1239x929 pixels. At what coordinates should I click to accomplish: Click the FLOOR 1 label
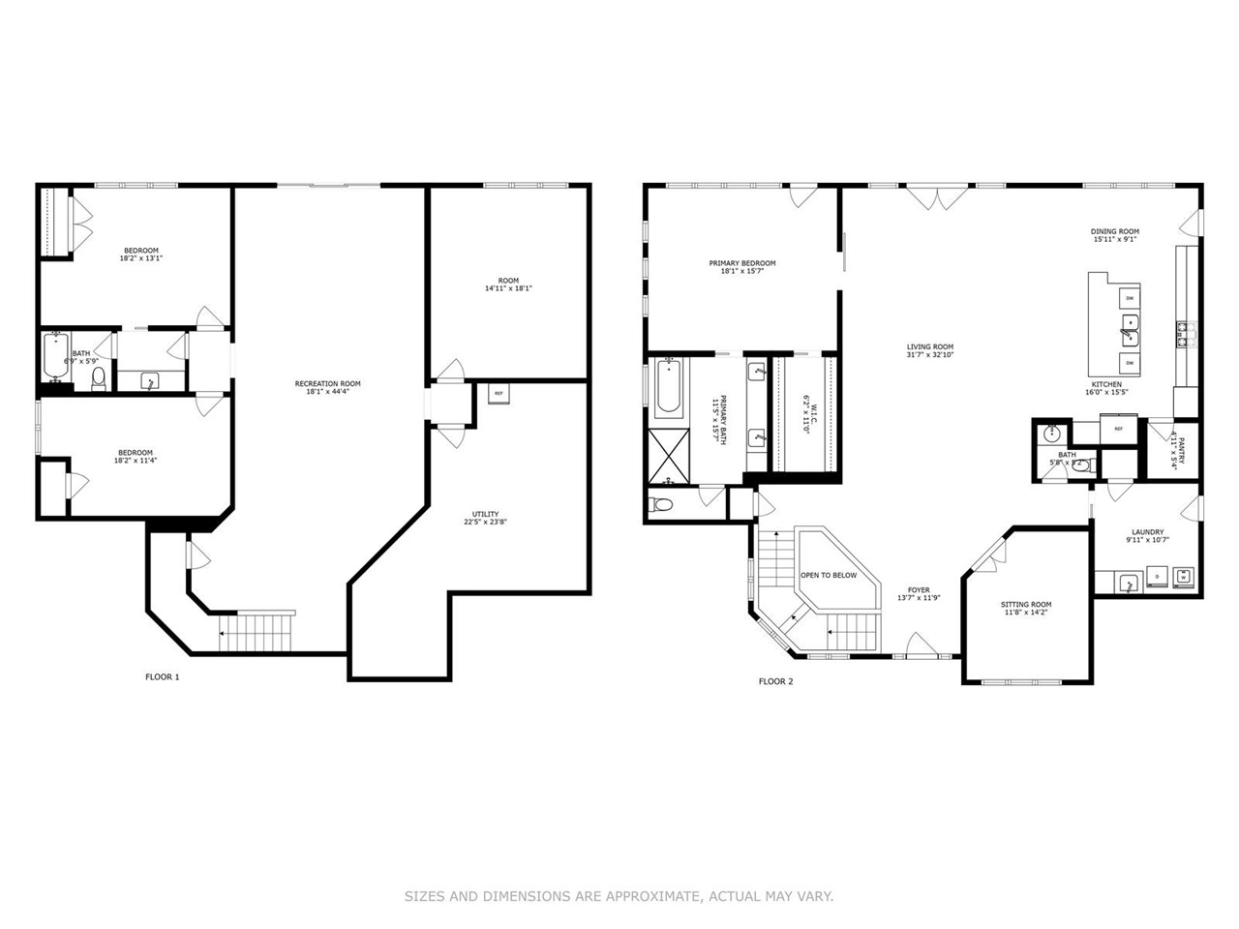(x=162, y=677)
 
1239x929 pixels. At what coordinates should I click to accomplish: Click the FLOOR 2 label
(x=775, y=681)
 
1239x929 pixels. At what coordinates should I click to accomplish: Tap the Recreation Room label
(x=327, y=383)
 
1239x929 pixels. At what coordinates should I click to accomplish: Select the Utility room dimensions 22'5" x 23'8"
(x=485, y=523)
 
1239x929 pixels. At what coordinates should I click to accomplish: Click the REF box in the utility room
(x=499, y=394)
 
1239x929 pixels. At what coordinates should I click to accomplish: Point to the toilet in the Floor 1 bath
(x=98, y=377)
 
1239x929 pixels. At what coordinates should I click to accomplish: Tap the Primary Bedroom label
(x=741, y=263)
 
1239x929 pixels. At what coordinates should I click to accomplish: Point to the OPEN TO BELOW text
(x=828, y=575)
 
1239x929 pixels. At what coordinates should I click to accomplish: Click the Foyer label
(x=918, y=589)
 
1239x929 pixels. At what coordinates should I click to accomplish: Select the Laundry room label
(x=1147, y=532)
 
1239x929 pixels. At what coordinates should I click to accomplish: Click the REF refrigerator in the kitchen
(x=1118, y=428)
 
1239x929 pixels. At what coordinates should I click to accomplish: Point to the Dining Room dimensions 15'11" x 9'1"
(x=1114, y=240)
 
